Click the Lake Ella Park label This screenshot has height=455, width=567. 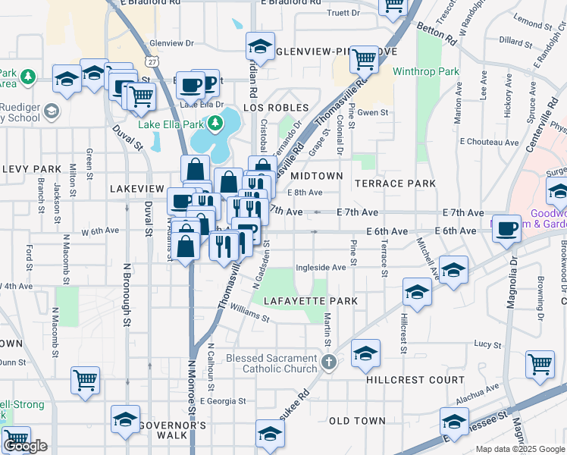(171, 123)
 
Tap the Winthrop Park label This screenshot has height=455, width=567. (426, 72)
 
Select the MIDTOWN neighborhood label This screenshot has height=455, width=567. (318, 176)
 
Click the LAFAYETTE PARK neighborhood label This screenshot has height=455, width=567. (310, 301)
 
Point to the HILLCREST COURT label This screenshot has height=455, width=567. (415, 379)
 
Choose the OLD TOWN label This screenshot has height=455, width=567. (357, 421)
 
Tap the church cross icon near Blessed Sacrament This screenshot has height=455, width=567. (328, 361)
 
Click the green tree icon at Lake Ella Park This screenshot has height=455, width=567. (215, 122)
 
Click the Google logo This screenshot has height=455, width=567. (25, 447)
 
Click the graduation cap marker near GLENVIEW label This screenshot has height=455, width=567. (260, 47)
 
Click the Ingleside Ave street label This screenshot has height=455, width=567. (321, 267)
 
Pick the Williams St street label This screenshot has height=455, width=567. (249, 314)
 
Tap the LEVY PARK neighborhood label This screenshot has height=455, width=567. (31, 168)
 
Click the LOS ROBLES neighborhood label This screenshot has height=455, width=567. (276, 108)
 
